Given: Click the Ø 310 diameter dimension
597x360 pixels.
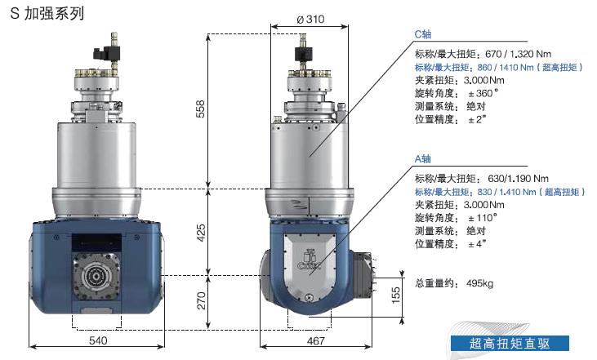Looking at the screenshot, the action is [x=310, y=19].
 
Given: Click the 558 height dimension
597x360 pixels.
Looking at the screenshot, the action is [x=200, y=109].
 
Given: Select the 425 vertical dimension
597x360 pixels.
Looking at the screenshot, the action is [x=201, y=233].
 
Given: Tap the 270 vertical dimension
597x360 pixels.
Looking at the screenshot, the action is [x=201, y=300].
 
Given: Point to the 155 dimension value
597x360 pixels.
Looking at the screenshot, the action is [x=395, y=296].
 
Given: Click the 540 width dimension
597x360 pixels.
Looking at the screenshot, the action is [x=98, y=340].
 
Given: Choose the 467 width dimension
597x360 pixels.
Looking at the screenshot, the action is [x=316, y=340].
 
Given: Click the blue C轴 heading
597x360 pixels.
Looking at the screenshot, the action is [x=422, y=34].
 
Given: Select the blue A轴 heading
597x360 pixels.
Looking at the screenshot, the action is [x=422, y=158].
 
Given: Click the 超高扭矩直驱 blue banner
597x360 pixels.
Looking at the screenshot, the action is [x=510, y=343].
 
